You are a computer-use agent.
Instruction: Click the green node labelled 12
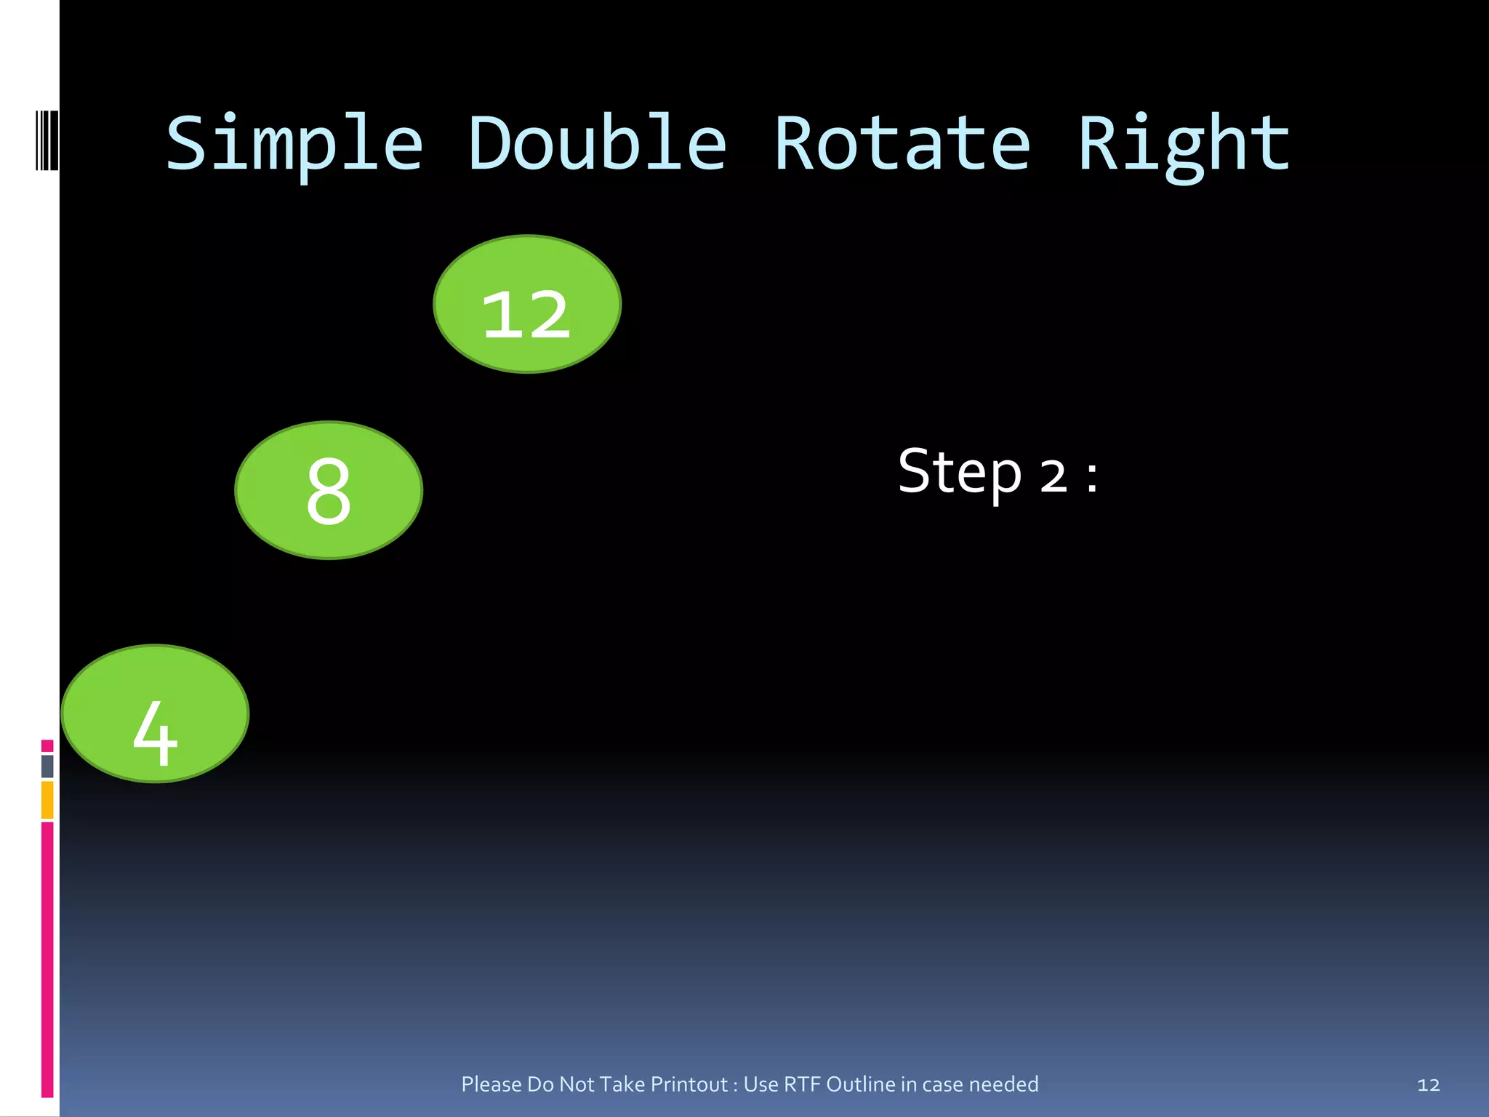click(x=527, y=304)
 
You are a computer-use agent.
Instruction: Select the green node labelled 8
click(x=329, y=490)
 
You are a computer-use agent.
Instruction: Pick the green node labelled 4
click(x=155, y=713)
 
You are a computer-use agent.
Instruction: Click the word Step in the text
click(x=960, y=473)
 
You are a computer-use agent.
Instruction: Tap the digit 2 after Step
click(x=1053, y=477)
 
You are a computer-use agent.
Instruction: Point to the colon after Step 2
click(x=1092, y=477)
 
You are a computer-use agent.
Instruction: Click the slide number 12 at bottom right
click(x=1428, y=1085)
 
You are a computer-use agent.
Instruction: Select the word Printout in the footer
click(x=689, y=1084)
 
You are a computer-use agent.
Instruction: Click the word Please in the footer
click(x=491, y=1084)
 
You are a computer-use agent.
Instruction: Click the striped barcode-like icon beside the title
click(x=47, y=140)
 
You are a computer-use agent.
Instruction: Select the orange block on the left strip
click(x=47, y=800)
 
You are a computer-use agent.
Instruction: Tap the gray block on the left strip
click(x=47, y=766)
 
